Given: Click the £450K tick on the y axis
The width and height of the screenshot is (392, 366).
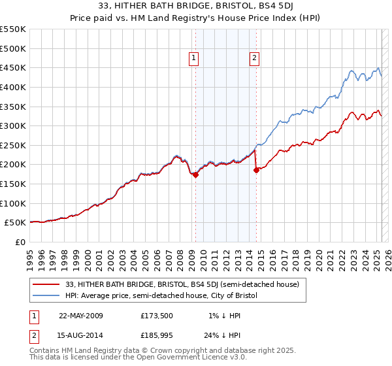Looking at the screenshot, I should pos(13,67).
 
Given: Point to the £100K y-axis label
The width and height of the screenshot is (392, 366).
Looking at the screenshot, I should pos(13,203).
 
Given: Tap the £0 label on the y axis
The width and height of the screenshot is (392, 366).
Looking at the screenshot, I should pos(20,242).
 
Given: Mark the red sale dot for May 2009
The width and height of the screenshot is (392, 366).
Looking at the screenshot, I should pos(195,175).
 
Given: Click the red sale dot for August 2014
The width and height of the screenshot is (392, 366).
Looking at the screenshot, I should pos(256,170).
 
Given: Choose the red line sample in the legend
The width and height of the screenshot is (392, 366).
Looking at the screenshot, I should pos(46,284).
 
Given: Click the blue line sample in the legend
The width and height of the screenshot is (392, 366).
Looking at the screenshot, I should pos(46,295).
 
